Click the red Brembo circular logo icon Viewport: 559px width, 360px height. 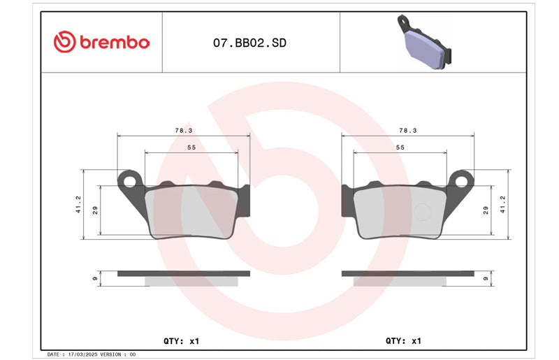(x=64, y=42)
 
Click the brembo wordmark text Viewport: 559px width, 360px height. (x=115, y=43)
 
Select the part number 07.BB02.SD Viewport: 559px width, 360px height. (x=249, y=43)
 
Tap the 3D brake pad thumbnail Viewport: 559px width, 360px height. (x=424, y=42)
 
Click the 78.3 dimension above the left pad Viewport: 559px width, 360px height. (x=184, y=131)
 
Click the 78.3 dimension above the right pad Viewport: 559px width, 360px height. (x=408, y=131)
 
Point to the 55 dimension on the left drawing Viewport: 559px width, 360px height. (x=191, y=147)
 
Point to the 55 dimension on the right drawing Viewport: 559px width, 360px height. (x=400, y=147)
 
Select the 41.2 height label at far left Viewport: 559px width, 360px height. (x=78, y=204)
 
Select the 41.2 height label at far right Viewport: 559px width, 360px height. (x=502, y=204)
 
